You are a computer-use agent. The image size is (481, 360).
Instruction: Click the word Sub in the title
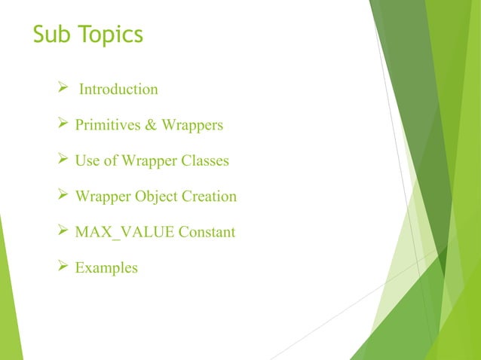pos(52,35)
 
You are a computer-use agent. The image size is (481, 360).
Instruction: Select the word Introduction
pos(118,90)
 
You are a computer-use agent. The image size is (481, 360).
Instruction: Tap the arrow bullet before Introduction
pos(63,89)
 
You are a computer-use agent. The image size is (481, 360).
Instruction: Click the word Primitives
pos(106,125)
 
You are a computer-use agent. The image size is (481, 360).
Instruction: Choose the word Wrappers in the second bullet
pos(191,126)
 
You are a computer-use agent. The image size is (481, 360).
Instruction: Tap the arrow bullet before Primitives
pos(63,124)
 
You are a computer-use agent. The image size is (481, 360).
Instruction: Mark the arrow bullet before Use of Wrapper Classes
pos(63,160)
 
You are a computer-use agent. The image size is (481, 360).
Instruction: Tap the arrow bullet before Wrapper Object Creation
pos(63,196)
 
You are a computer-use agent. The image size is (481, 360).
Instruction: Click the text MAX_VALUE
pos(124,232)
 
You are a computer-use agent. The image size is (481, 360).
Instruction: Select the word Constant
pos(207,232)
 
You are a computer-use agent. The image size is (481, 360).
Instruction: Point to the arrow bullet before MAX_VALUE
pos(63,231)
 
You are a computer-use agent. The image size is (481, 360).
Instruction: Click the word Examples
pos(106,268)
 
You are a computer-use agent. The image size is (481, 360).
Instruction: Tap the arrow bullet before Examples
pos(63,267)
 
